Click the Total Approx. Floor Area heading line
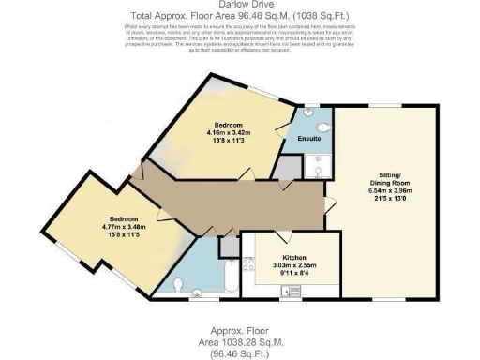point(240,17)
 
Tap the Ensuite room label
point(310,139)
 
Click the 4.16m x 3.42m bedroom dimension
point(228,133)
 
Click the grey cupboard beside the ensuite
point(287,167)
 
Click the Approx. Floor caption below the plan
point(240,333)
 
